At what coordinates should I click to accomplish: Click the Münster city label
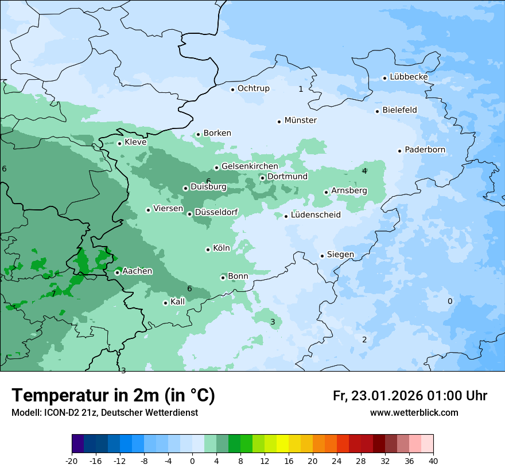tap(300, 120)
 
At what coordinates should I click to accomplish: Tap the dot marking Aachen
tap(117, 272)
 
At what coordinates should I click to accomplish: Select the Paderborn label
tap(425, 150)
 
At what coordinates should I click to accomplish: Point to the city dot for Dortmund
tap(262, 178)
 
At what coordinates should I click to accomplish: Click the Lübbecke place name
tap(409, 77)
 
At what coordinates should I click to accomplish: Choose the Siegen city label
tap(340, 255)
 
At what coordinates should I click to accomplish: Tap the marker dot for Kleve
tap(119, 143)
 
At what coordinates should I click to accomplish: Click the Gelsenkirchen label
tap(250, 166)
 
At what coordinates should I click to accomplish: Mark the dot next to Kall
tap(165, 303)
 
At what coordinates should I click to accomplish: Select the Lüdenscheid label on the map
tap(316, 215)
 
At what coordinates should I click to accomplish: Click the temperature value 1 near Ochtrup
tap(301, 89)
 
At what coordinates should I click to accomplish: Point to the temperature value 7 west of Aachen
tap(53, 294)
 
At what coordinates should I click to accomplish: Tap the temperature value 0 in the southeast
tap(450, 301)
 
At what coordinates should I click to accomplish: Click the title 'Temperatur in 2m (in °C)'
tap(113, 396)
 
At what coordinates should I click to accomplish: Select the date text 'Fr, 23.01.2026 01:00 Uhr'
tap(410, 396)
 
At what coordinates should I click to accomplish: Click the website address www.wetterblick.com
tap(414, 412)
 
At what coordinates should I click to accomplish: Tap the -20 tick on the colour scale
tap(72, 461)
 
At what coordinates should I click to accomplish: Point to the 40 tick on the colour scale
tap(433, 461)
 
